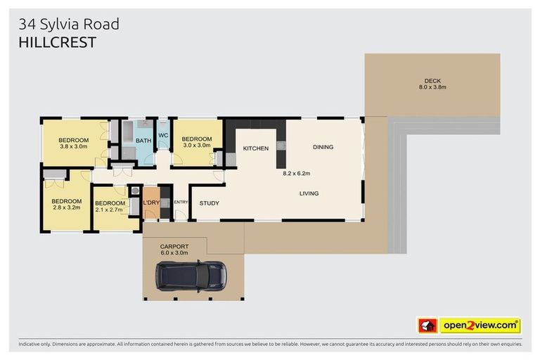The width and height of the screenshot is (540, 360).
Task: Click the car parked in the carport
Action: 192,276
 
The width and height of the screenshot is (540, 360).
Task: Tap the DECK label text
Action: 432,81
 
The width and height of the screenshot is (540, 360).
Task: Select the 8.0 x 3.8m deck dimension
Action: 432,88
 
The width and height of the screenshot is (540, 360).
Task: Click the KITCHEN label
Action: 257,148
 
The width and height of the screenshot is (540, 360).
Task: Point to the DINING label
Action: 323,147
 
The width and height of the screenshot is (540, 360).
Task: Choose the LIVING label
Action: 309,193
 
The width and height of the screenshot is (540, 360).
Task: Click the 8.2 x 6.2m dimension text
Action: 297,173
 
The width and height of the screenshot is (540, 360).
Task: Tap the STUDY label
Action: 209,203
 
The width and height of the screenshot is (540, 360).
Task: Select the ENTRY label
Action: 181,202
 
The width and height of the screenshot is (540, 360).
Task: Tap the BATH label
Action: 143,141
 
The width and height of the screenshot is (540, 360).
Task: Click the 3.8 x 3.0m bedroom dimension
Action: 74,146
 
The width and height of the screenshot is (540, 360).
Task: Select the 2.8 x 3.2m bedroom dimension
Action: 67,208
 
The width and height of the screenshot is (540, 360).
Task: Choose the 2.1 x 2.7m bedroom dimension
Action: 109,210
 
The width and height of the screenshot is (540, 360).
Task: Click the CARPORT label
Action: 174,246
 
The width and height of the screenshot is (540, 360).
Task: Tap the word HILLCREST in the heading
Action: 57,42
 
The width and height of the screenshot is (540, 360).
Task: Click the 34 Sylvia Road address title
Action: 69,24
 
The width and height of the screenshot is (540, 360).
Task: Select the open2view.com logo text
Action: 480,326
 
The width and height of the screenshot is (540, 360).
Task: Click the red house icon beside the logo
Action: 427,326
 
